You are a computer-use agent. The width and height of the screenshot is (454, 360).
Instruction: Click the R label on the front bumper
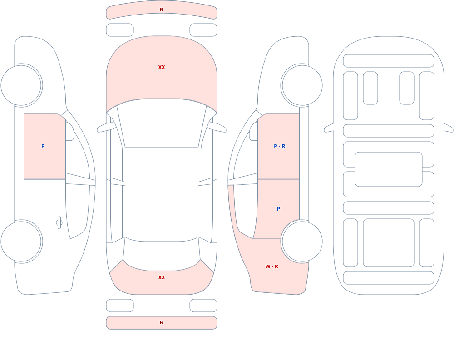click(162, 10)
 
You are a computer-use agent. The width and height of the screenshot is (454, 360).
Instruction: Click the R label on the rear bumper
click(162, 322)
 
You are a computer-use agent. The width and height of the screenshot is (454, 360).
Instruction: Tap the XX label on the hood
click(162, 67)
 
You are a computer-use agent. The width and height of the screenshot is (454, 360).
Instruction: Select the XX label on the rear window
click(162, 277)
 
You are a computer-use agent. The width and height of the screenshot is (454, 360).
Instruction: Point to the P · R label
click(279, 146)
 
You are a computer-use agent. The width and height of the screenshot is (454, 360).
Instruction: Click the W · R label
click(272, 266)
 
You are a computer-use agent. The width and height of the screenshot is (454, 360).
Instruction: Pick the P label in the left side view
click(43, 146)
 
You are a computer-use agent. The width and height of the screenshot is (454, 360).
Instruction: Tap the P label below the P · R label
click(279, 209)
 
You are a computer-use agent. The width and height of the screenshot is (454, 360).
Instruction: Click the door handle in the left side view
click(59, 223)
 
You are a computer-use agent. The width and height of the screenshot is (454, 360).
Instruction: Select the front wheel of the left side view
click(21, 85)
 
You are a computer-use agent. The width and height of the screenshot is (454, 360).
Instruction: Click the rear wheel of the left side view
click(21, 242)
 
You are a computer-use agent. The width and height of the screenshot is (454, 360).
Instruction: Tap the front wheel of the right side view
click(302, 85)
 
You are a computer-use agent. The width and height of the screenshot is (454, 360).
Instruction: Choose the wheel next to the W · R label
click(302, 242)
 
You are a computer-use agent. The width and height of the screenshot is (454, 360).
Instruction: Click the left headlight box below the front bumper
click(120, 30)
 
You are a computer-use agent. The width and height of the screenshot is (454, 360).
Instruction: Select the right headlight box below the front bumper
click(203, 30)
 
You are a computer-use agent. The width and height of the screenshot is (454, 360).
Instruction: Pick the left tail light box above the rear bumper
click(120, 306)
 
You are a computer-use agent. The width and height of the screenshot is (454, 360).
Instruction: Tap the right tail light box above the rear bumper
click(203, 306)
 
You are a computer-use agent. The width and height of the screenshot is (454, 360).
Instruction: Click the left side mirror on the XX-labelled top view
click(106, 127)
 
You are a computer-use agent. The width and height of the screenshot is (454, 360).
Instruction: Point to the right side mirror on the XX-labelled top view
click(217, 127)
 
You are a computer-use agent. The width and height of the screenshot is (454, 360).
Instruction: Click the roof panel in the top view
click(162, 194)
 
